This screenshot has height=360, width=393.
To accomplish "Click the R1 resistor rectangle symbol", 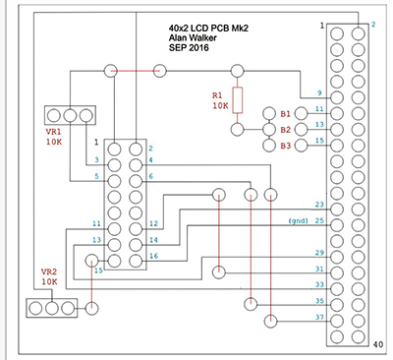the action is click(x=238, y=100).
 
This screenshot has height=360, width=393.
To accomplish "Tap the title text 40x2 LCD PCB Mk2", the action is click(x=208, y=29).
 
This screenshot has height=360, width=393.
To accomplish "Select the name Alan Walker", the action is click(x=193, y=37).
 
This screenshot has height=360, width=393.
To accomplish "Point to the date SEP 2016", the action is click(x=189, y=47).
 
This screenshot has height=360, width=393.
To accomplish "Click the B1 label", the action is click(x=285, y=114).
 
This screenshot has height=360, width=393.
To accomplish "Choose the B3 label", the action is click(x=285, y=146).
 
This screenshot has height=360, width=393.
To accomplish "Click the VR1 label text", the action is click(x=53, y=133).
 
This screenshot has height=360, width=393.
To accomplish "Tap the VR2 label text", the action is click(x=49, y=271).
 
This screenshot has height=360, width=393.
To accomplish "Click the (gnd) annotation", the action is click(x=299, y=221).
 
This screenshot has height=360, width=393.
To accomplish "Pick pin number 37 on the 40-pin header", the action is click(x=319, y=317).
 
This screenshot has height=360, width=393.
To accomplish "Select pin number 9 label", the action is click(x=319, y=92).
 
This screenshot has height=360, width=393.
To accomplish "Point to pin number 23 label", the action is click(x=319, y=205).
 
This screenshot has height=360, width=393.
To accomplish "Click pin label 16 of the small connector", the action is click(x=154, y=256).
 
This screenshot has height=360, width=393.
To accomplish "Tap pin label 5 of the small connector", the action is click(x=96, y=176).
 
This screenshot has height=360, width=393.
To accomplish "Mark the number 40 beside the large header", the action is click(x=377, y=344).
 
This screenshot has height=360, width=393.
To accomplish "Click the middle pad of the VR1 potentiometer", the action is click(x=70, y=115).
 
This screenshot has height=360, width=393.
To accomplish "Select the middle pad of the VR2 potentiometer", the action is click(x=52, y=308).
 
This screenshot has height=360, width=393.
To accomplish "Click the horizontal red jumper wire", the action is click(x=136, y=71).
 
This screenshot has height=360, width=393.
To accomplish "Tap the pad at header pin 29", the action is click(x=337, y=257).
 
